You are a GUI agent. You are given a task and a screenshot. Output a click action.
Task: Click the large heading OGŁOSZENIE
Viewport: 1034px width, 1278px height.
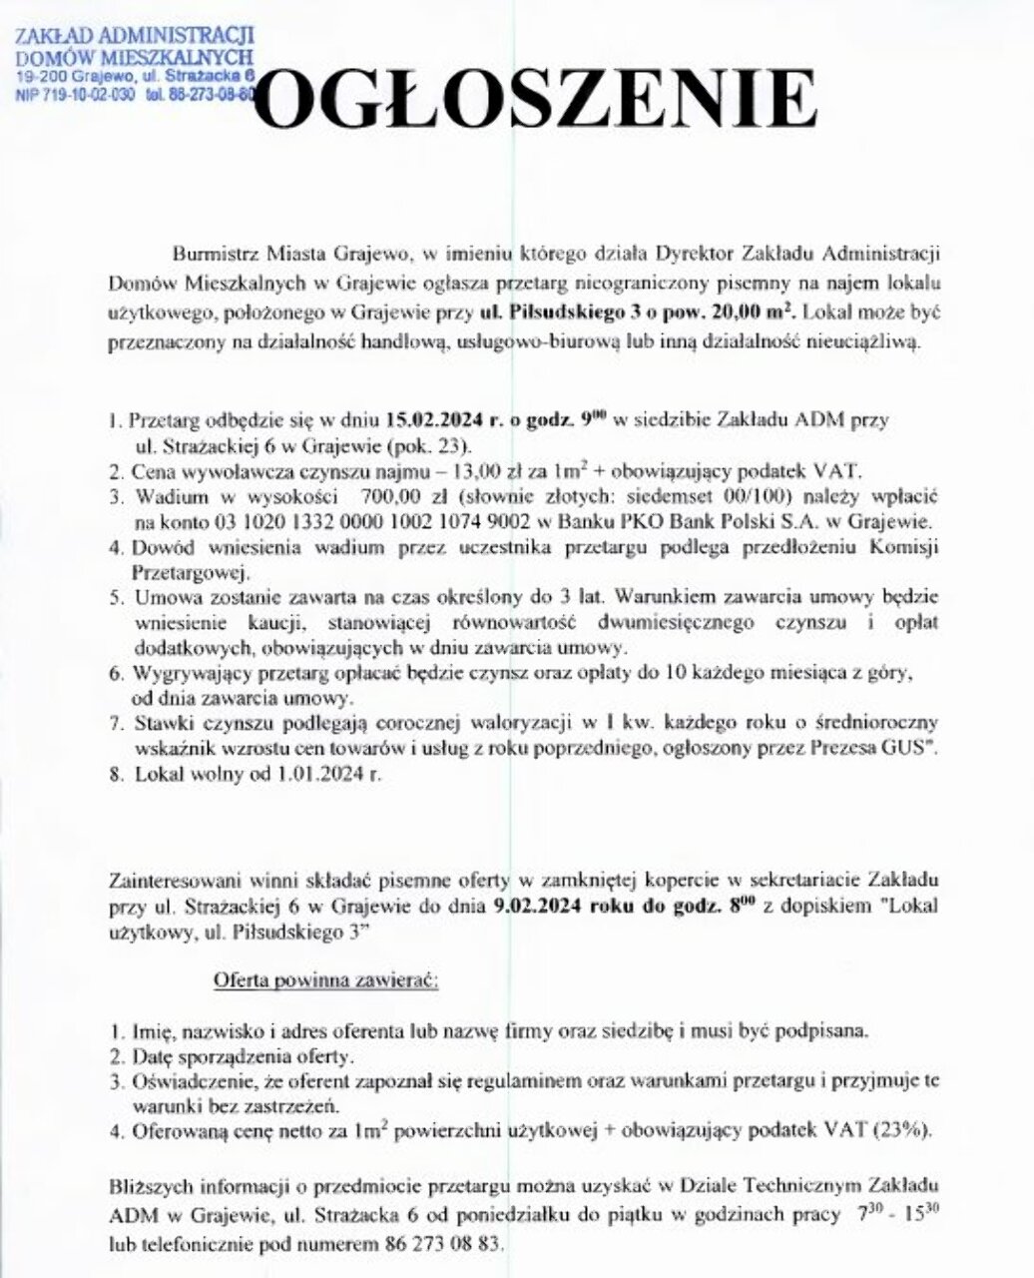[540, 100]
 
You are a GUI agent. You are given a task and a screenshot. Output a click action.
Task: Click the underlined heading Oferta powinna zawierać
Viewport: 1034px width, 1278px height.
[326, 980]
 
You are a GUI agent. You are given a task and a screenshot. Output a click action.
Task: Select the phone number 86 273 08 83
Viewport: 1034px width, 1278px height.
[444, 1246]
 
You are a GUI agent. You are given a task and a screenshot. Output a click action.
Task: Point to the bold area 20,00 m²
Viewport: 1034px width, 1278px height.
[748, 312]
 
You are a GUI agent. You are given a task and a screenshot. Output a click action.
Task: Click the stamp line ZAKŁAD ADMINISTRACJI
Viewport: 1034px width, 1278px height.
[135, 38]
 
